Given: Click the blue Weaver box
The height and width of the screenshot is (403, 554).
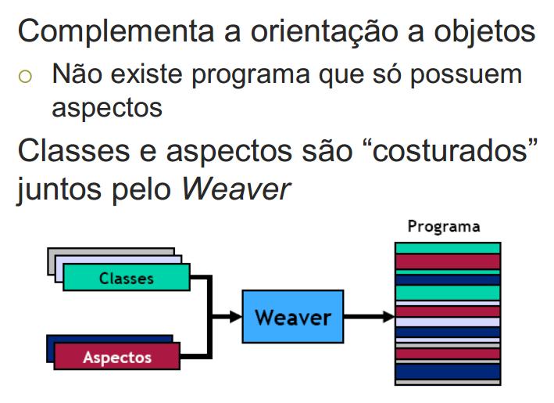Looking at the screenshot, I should click(293, 316).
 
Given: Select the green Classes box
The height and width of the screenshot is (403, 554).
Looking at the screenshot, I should click(127, 278).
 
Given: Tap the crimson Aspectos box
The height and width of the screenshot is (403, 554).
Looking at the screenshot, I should click(117, 357).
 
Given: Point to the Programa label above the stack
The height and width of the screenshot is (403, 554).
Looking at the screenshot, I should click(444, 227).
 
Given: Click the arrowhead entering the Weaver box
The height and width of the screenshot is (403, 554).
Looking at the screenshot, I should click(235, 316).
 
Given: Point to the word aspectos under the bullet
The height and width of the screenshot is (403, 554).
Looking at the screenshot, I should click(107, 107).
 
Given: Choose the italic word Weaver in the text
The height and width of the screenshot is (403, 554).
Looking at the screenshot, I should click(236, 189).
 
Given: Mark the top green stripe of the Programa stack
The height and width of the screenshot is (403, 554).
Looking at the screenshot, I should click(448, 248).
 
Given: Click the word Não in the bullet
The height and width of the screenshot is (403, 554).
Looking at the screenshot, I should click(75, 75).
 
